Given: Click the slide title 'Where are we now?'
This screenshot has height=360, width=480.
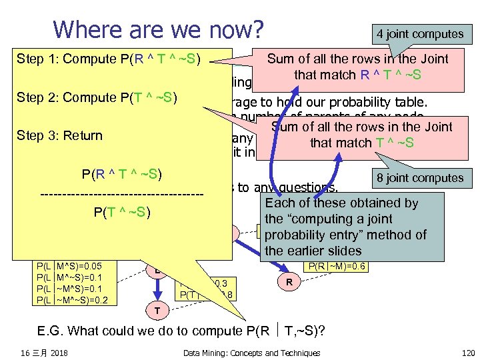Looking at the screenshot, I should (158, 30).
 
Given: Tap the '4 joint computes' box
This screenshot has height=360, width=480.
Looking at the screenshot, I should (419, 33).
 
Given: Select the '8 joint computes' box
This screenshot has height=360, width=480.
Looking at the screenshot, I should (419, 178).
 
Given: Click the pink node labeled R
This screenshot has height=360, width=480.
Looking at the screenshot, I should (289, 283).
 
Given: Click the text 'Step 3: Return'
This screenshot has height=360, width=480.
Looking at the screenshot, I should (60, 136).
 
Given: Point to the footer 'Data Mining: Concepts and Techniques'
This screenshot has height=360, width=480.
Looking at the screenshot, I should (251, 353).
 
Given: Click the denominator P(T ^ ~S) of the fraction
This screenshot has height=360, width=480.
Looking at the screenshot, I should (121, 213).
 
